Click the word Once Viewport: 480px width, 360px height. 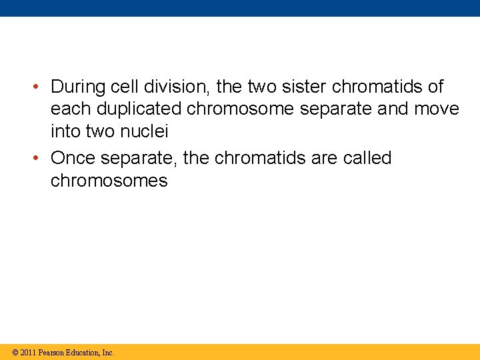pyautogui.click(x=73, y=159)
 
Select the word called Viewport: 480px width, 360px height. pyautogui.click(x=367, y=159)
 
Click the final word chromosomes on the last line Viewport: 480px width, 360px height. pyautogui.click(x=109, y=181)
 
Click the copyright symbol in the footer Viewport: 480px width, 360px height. pyautogui.click(x=15, y=352)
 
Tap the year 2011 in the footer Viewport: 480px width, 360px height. pyautogui.click(x=28, y=352)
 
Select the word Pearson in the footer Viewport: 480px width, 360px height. pyautogui.click(x=51, y=352)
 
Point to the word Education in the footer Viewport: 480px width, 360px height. pyautogui.click(x=81, y=352)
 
